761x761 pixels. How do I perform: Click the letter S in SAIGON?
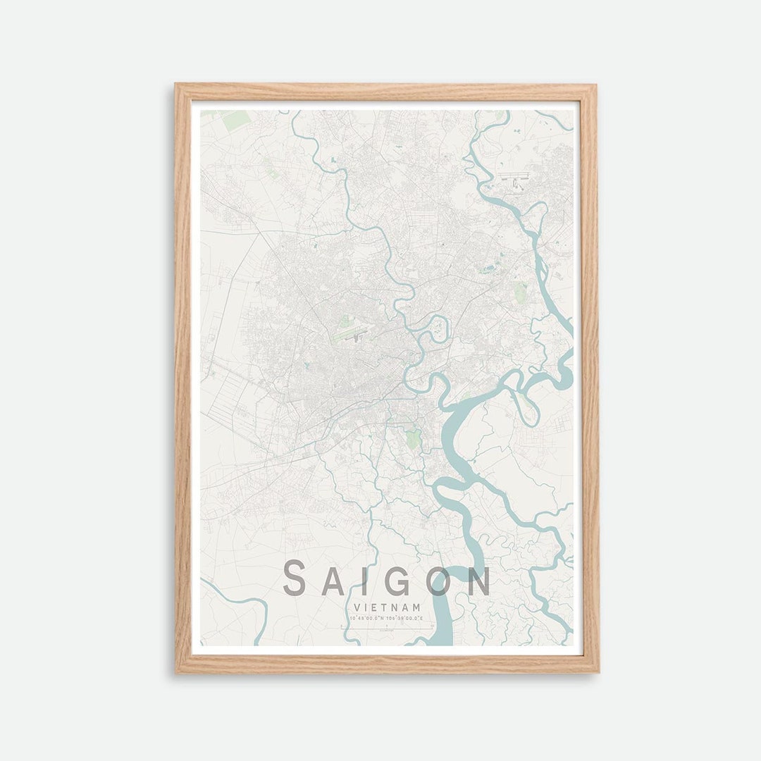pyautogui.click(x=295, y=579)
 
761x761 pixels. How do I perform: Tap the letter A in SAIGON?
pyautogui.click(x=335, y=579)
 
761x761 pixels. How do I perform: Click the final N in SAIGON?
pyautogui.click(x=479, y=579)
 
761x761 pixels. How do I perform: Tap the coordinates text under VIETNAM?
pyautogui.click(x=386, y=618)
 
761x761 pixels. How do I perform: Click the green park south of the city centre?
pyautogui.click(x=414, y=438)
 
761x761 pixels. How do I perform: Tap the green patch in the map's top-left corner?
pyautogui.click(x=236, y=119)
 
